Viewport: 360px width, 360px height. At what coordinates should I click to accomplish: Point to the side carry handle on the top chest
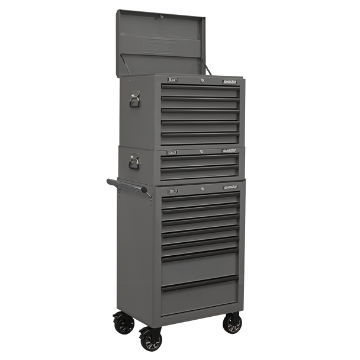(134, 99)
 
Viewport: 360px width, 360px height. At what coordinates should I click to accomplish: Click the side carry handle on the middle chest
(134, 160)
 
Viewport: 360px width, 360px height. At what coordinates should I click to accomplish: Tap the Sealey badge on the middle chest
(172, 152)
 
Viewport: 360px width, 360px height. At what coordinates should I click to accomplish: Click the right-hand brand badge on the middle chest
(230, 152)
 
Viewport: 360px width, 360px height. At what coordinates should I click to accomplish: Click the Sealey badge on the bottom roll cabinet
(173, 191)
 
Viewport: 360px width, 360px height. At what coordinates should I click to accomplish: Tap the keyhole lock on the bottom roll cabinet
(201, 189)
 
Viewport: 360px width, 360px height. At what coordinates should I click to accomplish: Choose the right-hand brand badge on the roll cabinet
(230, 188)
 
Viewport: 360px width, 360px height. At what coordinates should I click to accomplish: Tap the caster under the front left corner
(150, 339)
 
